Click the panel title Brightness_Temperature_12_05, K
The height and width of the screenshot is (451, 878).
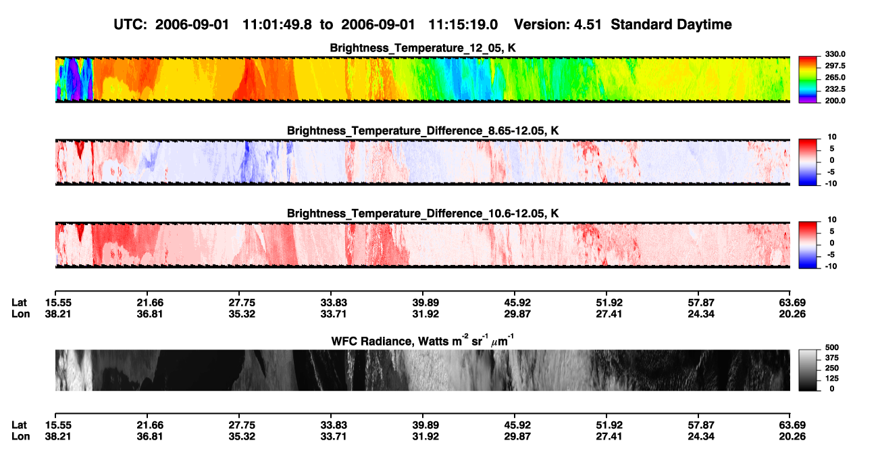coord(423,48)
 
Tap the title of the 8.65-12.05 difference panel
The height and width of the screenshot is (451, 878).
coord(423,130)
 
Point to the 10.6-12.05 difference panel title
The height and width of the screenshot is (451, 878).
coord(423,214)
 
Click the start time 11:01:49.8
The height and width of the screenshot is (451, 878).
coord(277,24)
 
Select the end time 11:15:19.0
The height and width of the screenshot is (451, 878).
coord(463,24)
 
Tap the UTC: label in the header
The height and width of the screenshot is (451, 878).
coord(130,24)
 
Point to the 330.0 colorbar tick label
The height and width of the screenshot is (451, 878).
coord(835,54)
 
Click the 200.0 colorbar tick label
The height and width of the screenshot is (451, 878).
coord(835,101)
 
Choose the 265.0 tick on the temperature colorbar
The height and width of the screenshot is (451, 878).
coord(835,77)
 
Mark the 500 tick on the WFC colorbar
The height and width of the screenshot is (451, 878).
coord(832,348)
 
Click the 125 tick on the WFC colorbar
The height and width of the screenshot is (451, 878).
coord(832,379)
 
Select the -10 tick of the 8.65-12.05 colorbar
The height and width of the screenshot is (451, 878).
coord(831,184)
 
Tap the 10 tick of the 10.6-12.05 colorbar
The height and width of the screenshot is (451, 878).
coord(832,220)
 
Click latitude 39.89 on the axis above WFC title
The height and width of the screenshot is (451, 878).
coord(425,303)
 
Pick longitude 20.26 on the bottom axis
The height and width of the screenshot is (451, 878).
coord(792,437)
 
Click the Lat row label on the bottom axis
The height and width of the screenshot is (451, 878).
coord(19,425)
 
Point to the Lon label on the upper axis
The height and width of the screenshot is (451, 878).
coord(20,314)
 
